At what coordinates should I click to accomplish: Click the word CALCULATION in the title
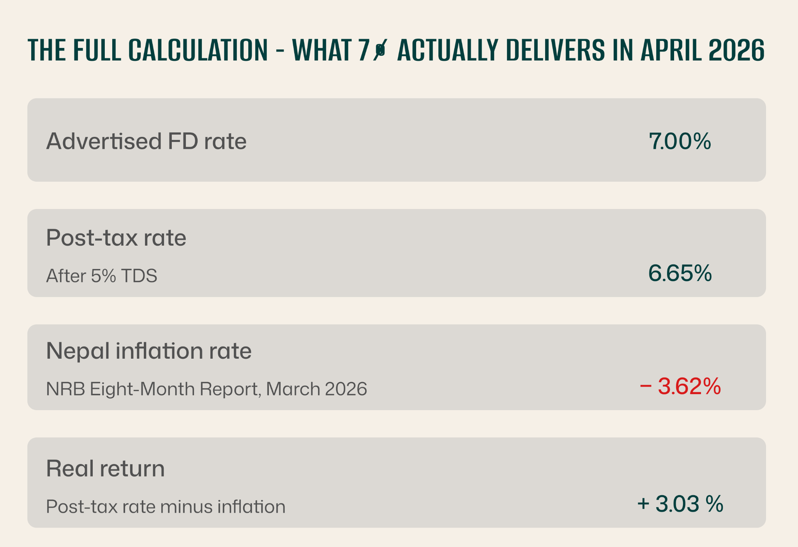198,50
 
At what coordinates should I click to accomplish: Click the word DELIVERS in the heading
556,50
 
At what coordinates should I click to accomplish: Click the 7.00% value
680,141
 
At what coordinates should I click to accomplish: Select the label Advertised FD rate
146,141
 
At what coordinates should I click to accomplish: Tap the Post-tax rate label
116,238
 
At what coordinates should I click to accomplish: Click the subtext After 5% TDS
101,276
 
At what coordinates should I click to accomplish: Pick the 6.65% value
680,273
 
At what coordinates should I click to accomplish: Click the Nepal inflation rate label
149,351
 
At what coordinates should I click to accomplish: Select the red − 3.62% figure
680,386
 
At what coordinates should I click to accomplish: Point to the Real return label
105,468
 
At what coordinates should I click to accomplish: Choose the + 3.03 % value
680,503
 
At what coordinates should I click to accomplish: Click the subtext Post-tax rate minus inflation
165,507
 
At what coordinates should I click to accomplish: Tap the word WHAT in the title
322,50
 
